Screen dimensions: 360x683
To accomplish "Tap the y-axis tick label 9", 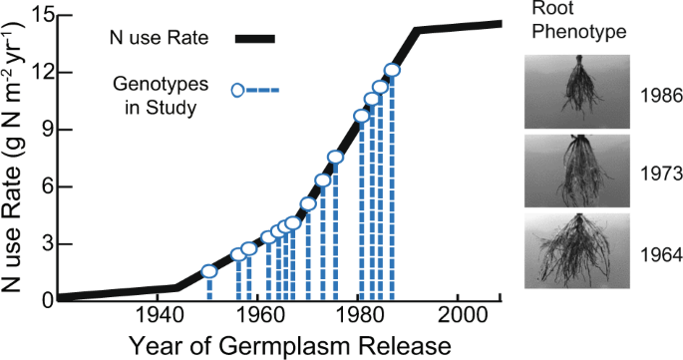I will coord(44,129).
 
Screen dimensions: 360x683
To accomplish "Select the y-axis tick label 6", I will coord(44,185).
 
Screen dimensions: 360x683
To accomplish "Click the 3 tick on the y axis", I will coord(44,243).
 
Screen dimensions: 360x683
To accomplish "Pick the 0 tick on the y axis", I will coord(44,299).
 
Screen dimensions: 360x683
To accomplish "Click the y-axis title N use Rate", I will coord(17,160).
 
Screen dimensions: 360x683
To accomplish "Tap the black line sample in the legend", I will coord(254,39).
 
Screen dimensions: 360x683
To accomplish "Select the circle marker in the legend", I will coord(238,91).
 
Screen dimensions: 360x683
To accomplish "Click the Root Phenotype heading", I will coord(584,21).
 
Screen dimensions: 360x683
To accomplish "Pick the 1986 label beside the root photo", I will coord(661,97).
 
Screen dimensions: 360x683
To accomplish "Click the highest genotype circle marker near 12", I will coord(392,71).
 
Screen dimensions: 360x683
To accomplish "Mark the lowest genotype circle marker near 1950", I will coord(209,271).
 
